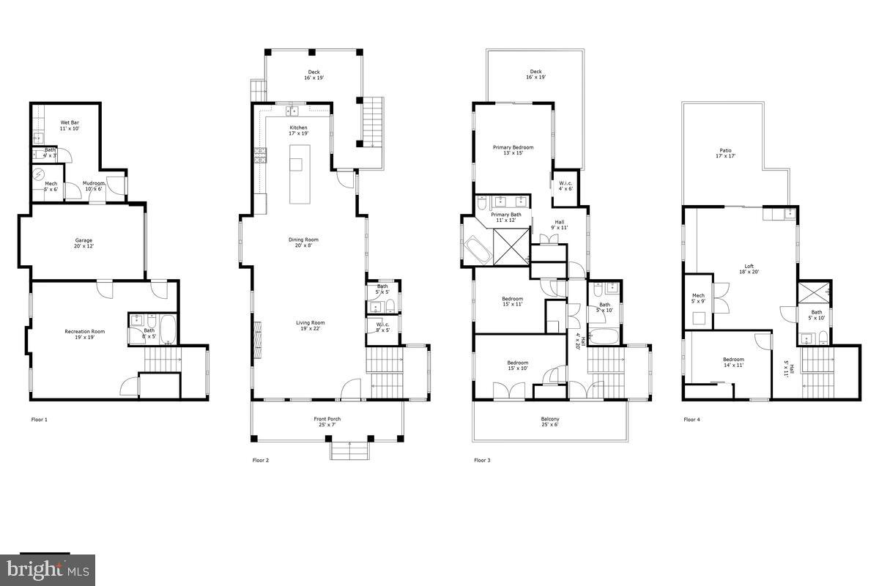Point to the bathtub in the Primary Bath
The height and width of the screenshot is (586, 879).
point(478,251)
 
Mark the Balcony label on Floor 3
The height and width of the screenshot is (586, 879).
point(549,422)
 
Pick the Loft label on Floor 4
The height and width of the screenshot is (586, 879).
point(749,270)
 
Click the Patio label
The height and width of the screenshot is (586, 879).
point(725,153)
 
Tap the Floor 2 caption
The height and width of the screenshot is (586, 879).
point(259,461)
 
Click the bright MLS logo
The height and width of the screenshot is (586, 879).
point(48,569)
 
